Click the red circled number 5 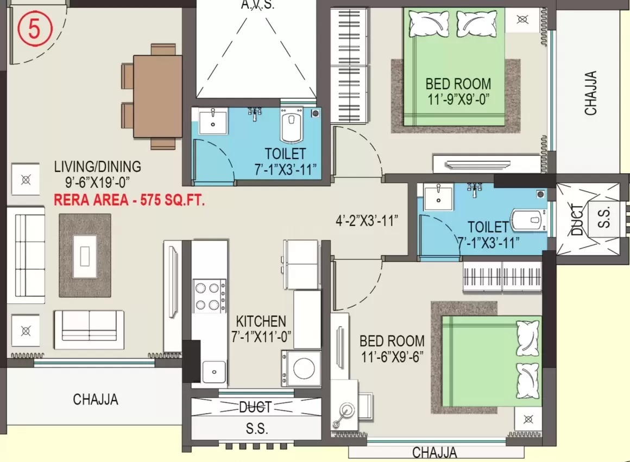tap(35, 29)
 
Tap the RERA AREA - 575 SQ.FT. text tap(129, 200)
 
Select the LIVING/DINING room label tap(98, 166)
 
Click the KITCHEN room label tap(261, 321)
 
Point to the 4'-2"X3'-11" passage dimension tap(367, 220)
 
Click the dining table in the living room tap(157, 97)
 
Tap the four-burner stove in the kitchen tap(210, 296)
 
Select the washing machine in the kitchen tap(301, 369)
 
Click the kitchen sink tap(214, 371)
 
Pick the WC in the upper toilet tap(292, 125)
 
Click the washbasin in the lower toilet tap(438, 197)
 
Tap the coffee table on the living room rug tap(85, 256)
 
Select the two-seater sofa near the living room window tap(89, 330)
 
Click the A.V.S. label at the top tap(257, 5)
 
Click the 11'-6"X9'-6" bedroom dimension tap(392, 356)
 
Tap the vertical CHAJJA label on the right tap(590, 93)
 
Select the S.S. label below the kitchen tap(257, 429)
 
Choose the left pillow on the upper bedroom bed tap(429, 23)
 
